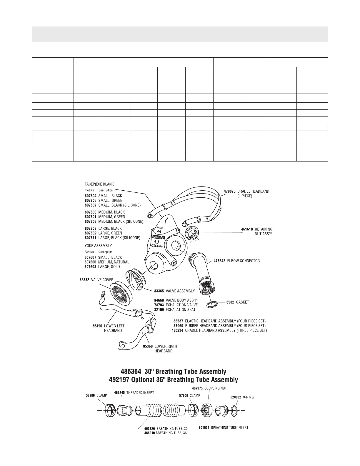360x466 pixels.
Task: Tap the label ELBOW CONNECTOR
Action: pos(244,261)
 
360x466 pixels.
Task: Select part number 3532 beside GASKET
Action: pos(230,302)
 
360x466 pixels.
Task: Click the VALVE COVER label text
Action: pos(102,280)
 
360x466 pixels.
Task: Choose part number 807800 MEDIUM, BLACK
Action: pos(90,212)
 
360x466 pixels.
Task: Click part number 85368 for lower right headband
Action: pos(148,346)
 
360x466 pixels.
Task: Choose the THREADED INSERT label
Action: pos(140,392)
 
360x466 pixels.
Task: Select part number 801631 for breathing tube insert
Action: pos(204,428)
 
